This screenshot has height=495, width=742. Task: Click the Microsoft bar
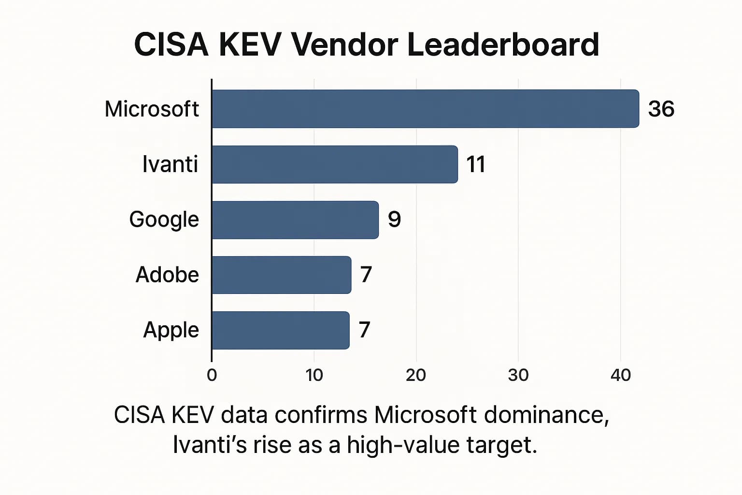point(425,109)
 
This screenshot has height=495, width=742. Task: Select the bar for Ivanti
point(335,164)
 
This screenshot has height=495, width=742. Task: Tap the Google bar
point(295,219)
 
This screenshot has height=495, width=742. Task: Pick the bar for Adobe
point(281,275)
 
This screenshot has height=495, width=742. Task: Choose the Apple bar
point(280,330)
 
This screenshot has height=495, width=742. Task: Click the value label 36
point(661,109)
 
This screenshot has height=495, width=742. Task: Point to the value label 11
point(475,164)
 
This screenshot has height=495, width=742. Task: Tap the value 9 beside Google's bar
point(394,219)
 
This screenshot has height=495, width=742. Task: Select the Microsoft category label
point(152,109)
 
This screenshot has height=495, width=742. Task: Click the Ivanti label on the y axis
point(170,164)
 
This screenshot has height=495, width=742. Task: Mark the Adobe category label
point(167,275)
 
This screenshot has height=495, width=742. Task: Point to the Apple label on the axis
point(171,330)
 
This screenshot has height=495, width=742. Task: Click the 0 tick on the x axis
point(212,375)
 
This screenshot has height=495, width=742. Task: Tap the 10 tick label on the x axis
point(314,375)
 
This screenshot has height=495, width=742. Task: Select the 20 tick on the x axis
point(416,375)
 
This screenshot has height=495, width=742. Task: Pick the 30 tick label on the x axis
point(518,375)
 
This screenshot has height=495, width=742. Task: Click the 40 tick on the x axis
point(620,375)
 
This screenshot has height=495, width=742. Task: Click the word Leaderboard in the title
point(503,44)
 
